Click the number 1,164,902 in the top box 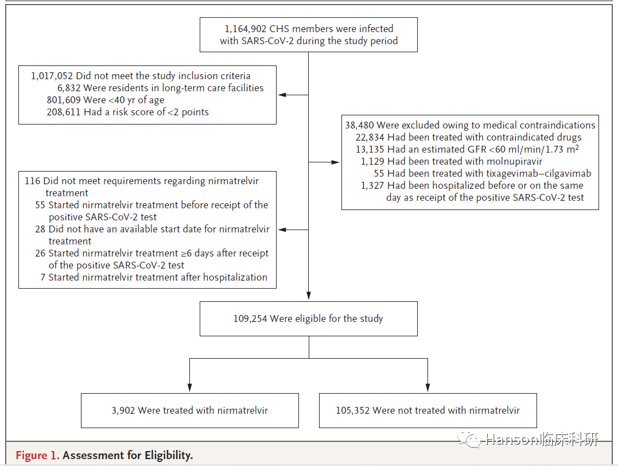(x=245, y=29)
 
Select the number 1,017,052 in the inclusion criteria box (x=52, y=76)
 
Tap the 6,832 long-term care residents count (x=69, y=88)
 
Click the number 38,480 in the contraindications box (x=359, y=125)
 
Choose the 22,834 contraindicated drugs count (x=370, y=138)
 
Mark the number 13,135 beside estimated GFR (x=370, y=150)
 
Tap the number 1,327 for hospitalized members (x=372, y=186)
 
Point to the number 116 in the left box (x=32, y=181)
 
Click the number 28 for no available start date (x=40, y=230)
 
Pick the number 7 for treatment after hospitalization (x=43, y=278)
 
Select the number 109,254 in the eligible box (x=250, y=319)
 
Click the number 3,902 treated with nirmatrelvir (x=123, y=411)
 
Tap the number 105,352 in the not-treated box (x=352, y=411)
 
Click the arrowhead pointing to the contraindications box (x=336, y=162)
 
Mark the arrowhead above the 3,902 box (x=189, y=388)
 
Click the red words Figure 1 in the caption (x=37, y=455)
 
